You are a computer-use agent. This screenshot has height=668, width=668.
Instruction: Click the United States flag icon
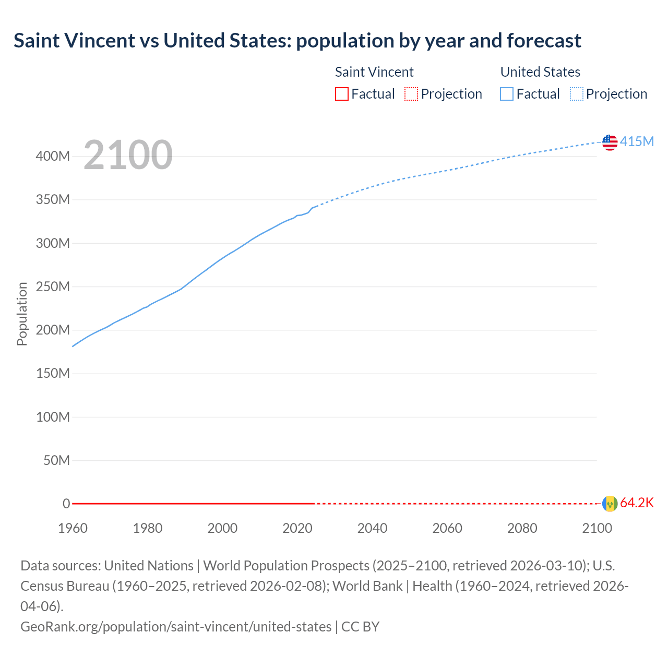pos(610,142)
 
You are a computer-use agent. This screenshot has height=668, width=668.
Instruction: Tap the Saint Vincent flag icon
pos(610,504)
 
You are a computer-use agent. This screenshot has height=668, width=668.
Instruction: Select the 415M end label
pos(637,142)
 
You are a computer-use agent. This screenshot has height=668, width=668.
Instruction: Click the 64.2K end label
pos(637,503)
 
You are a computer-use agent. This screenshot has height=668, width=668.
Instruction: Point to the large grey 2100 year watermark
pos(128,155)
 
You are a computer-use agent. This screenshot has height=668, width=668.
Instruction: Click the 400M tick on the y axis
pos(53,157)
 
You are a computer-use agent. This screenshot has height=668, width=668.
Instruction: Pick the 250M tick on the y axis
pos(53,287)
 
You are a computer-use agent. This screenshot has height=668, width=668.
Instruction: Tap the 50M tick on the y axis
pos(56,461)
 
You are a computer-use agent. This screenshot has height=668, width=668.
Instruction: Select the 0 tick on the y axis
pos(66,504)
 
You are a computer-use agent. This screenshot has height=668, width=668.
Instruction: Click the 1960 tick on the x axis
pos(73,528)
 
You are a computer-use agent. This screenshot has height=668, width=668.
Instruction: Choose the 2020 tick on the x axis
pos(297,528)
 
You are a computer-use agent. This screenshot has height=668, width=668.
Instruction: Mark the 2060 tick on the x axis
pos(447,528)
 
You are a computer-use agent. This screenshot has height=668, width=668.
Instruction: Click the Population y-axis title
pos(22,314)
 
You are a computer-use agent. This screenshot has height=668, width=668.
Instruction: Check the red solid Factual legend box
pos(341,94)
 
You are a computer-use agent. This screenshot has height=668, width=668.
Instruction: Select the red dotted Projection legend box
pos(411,94)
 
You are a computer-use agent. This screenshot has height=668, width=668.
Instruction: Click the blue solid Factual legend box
pos(507,94)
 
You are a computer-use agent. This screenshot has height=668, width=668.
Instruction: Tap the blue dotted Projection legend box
pos(577,94)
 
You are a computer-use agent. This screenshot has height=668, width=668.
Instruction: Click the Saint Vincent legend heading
pos(374,72)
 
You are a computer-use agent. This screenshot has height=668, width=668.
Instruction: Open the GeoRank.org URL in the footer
pos(176,626)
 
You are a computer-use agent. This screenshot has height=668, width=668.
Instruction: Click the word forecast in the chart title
pos(544,41)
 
